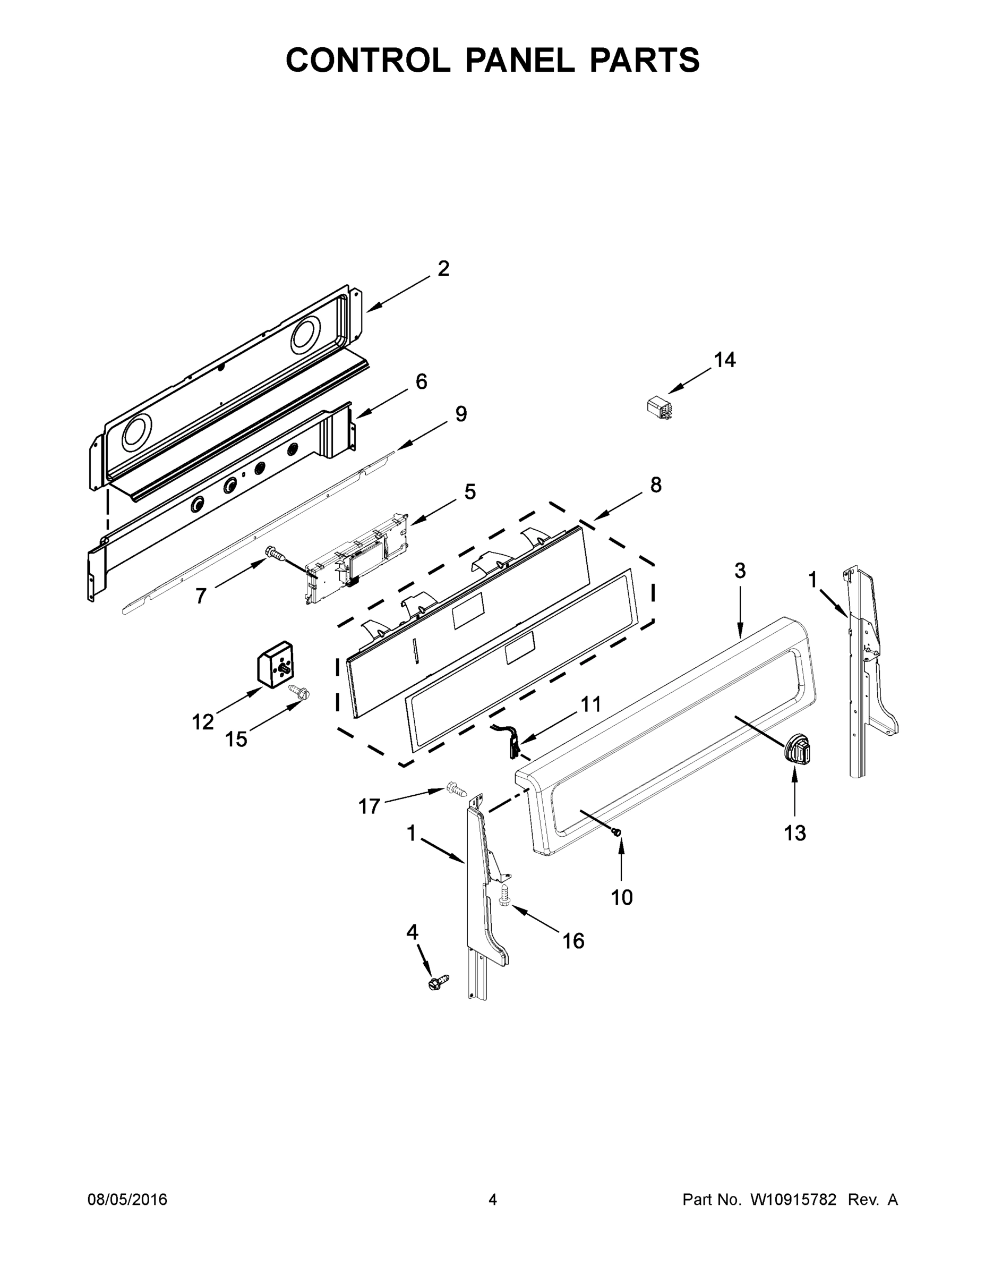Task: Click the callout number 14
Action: (725, 360)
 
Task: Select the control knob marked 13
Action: (797, 750)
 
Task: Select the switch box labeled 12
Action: (276, 665)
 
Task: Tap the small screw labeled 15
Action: (300, 693)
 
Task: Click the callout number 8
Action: (656, 484)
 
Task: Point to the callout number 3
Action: (740, 571)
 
